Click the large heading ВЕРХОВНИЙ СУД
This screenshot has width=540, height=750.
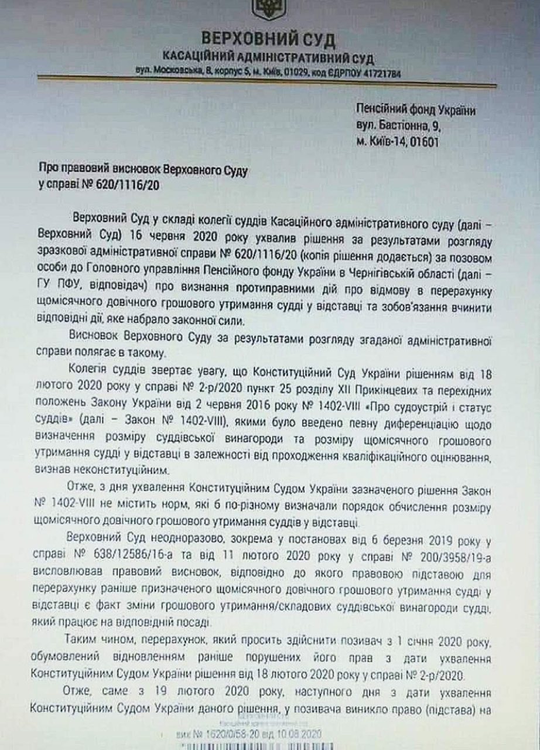[269, 39]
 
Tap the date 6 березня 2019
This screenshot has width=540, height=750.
[380, 540]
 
